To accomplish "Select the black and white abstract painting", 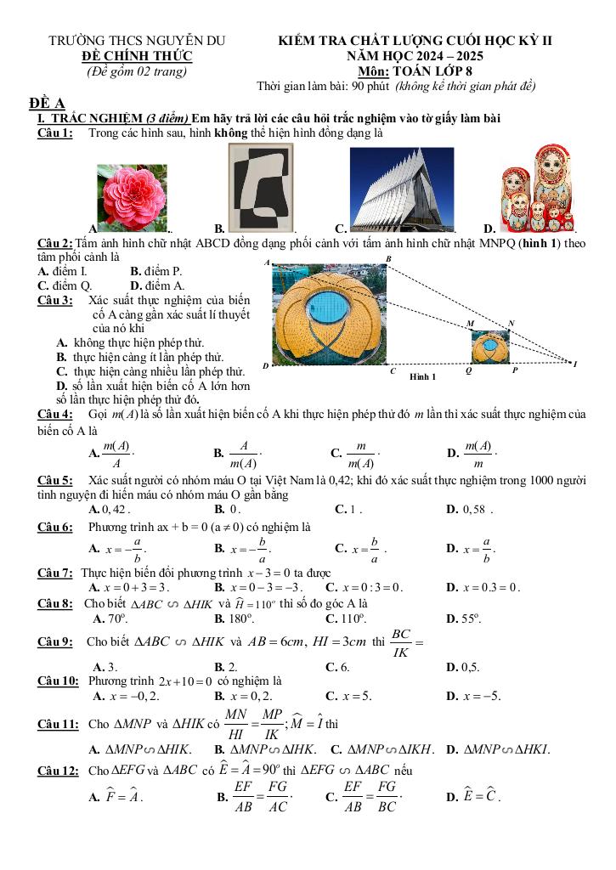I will [261, 187].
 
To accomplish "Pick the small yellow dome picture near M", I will [491, 347].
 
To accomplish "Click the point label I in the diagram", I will [575, 364].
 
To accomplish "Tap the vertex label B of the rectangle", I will [388, 258].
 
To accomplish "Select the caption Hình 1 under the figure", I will [422, 376].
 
